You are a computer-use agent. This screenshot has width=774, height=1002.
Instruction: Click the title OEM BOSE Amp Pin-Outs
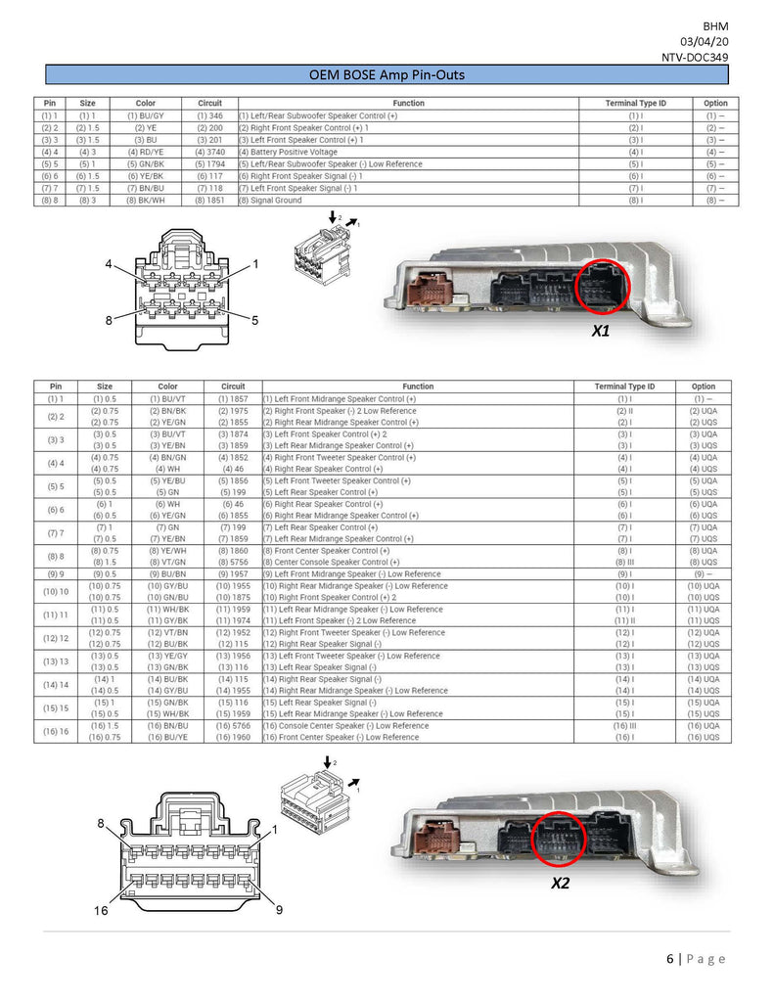click(387, 74)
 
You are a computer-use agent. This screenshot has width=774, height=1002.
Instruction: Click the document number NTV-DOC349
click(695, 58)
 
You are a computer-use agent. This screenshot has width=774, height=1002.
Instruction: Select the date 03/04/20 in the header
click(705, 42)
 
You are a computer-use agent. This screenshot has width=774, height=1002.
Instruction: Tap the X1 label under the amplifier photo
click(601, 332)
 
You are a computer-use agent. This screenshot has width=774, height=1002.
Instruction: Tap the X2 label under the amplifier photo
click(560, 882)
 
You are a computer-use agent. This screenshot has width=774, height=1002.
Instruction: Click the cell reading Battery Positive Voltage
click(290, 152)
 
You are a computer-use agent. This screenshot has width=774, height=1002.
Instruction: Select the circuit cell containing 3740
click(209, 152)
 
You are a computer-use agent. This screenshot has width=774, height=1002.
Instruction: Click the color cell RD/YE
click(145, 152)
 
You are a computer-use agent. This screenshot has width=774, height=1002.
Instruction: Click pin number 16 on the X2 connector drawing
click(100, 911)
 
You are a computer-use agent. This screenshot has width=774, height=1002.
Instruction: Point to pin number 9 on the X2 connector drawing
click(279, 910)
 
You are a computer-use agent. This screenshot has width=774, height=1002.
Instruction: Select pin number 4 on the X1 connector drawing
click(111, 264)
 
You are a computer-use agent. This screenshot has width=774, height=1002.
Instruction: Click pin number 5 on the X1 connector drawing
click(254, 320)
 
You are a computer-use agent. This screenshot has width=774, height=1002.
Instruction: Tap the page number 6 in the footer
click(670, 958)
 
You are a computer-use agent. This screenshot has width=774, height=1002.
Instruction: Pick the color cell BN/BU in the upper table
click(145, 188)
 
